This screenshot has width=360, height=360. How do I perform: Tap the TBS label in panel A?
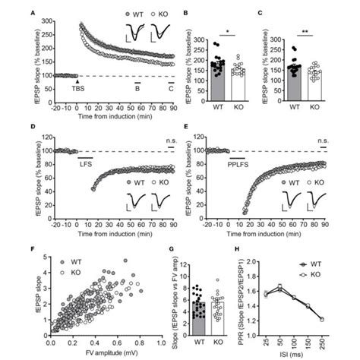[x=77, y=90]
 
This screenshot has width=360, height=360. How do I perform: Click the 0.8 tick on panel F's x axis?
[x=144, y=343]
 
